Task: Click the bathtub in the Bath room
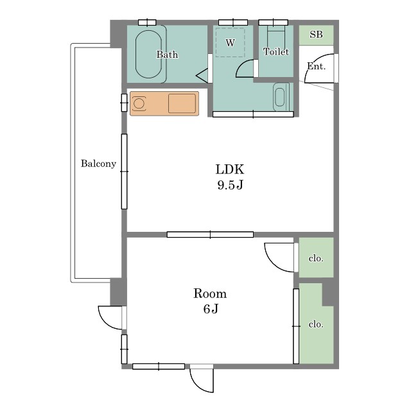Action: point(148,54)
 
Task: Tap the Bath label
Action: point(167,55)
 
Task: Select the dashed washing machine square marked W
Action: point(230,42)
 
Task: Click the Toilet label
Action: point(276,51)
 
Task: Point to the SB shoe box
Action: point(316,35)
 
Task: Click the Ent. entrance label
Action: point(316,66)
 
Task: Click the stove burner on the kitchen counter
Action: point(139,103)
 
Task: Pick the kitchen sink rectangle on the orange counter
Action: point(182,103)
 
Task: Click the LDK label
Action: point(230,170)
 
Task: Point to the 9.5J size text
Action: point(230,185)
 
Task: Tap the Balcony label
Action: point(98,164)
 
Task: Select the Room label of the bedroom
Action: point(210,293)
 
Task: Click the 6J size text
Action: point(211,309)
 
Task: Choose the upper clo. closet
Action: point(316,258)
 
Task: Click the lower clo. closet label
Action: point(316,324)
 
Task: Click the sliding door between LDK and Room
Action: point(210,234)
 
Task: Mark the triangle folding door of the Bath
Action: point(202,76)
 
